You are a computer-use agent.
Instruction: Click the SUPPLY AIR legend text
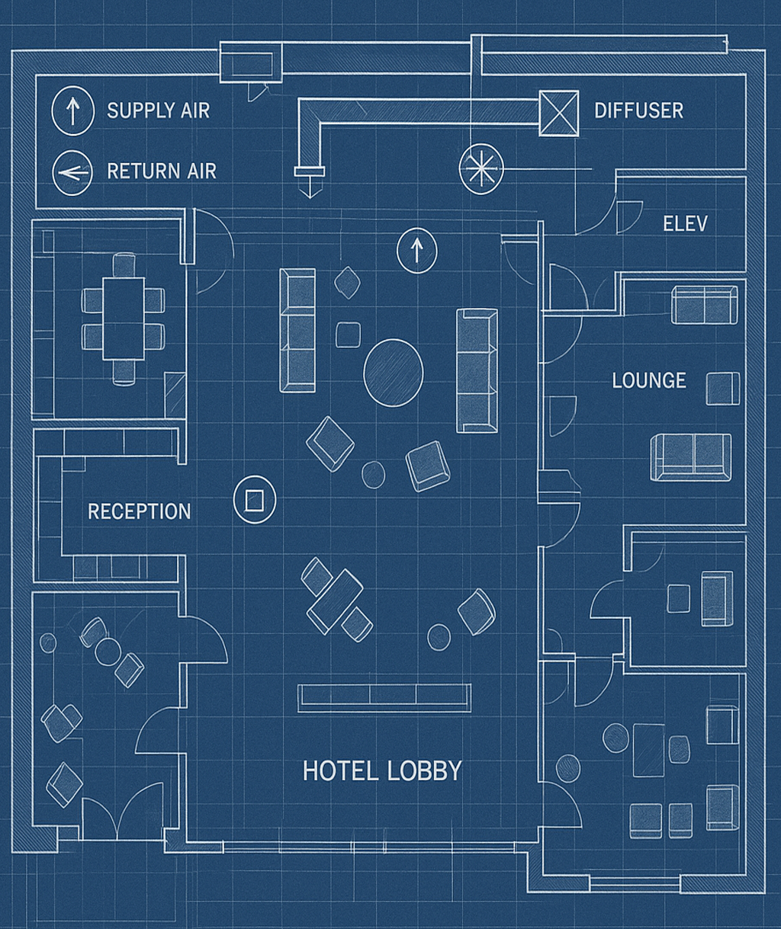[x=158, y=111]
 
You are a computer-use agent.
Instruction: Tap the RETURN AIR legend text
[x=162, y=171]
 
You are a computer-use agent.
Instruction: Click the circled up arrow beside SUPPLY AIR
[x=73, y=111]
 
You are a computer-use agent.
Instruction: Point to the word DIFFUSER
[x=639, y=111]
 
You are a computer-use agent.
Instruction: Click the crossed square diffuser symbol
[x=559, y=113]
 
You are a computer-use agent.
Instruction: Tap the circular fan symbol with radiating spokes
[x=481, y=169]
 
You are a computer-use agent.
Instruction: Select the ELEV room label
[x=685, y=223]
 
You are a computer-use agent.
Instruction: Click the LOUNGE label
[x=649, y=380]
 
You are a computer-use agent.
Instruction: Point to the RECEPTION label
[x=140, y=511]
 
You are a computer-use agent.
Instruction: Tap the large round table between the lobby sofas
[x=394, y=373]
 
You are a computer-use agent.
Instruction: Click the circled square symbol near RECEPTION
[x=255, y=500]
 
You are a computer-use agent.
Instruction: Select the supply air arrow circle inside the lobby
[x=416, y=251]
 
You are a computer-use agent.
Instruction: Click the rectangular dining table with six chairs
[x=124, y=319]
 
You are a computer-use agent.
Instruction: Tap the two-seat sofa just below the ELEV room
[x=705, y=305]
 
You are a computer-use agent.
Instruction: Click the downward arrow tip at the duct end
[x=310, y=197]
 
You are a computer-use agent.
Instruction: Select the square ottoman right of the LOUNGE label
[x=723, y=389]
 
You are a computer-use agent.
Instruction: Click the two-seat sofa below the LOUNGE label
[x=690, y=457]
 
